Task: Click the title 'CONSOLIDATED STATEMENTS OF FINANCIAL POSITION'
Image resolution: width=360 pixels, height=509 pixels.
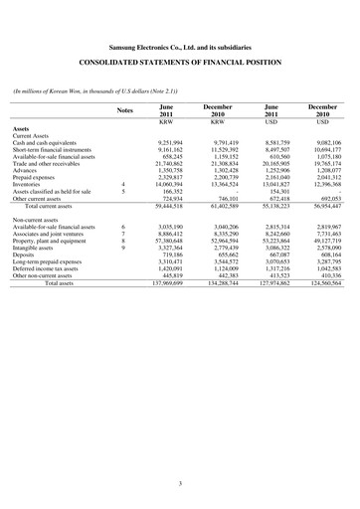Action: click(x=179, y=63)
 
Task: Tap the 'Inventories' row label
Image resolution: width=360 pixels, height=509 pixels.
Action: click(x=33, y=184)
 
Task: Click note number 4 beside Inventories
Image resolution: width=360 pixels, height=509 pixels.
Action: click(x=121, y=184)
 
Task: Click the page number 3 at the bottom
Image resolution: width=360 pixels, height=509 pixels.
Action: click(x=179, y=484)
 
